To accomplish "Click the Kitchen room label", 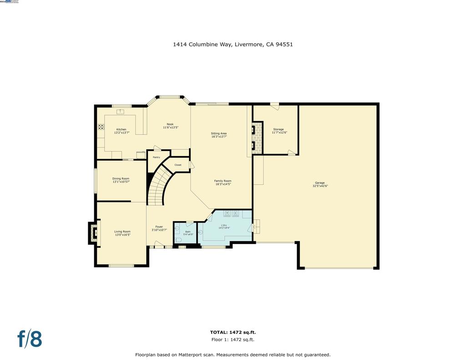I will [x=122, y=130].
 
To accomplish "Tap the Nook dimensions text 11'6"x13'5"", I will [x=170, y=127].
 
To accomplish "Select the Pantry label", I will [x=156, y=157].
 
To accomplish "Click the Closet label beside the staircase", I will [x=178, y=165].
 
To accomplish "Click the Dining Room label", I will [x=121, y=178].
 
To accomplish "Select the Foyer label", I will [x=159, y=227].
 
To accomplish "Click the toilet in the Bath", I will [x=178, y=240].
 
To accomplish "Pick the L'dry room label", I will [x=224, y=225].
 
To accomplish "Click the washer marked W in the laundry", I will [x=227, y=213].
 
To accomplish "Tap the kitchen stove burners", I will [x=101, y=127].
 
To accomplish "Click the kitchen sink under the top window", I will [x=121, y=111].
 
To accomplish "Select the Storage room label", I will [x=279, y=129].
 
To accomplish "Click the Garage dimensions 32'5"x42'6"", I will [x=320, y=186].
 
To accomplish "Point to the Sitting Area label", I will [x=219, y=133].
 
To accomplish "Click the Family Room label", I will [x=223, y=181].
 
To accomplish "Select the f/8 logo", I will [x=30, y=339].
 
